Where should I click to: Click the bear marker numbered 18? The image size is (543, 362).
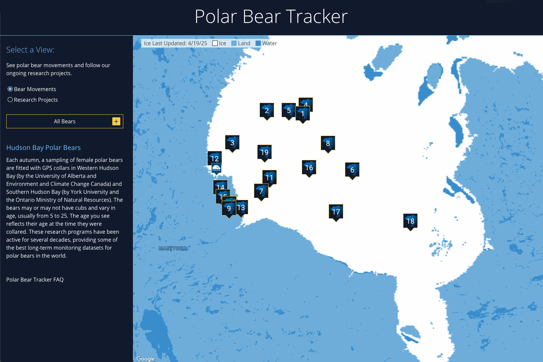pos(410,221)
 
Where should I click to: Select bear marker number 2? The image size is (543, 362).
pos(267,110)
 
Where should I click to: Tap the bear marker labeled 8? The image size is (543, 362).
pos(328,143)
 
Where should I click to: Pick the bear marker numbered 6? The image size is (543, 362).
pos(352,170)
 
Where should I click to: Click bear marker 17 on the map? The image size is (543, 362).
pos(336,212)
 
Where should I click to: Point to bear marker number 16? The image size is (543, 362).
pos(309,168)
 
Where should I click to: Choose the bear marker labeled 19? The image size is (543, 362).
pos(264,152)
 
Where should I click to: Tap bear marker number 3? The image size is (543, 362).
pos(232,143)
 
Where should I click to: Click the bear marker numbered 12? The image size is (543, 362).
pos(214,158)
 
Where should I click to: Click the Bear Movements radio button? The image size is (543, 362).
pos(10,89)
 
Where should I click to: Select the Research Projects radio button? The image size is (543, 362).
pos(10,100)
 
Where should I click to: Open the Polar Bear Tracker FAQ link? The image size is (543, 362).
pos(35,280)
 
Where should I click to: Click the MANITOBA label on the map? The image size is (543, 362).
pos(172,248)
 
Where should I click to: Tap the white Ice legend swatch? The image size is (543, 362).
pos(215,43)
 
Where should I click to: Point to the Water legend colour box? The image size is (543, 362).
pos(258,43)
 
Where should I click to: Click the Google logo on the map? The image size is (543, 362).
pos(146,358)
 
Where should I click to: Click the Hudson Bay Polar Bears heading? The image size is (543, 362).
pos(44,148)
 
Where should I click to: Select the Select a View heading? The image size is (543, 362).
pos(30,50)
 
